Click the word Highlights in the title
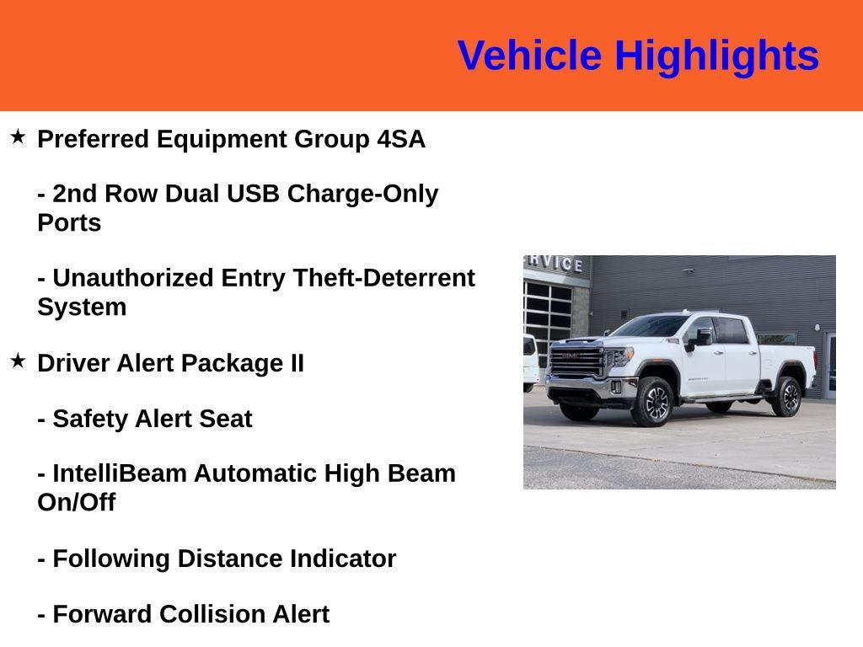(x=716, y=56)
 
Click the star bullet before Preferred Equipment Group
(x=18, y=136)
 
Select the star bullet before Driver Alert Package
(x=18, y=361)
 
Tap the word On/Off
(x=76, y=503)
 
